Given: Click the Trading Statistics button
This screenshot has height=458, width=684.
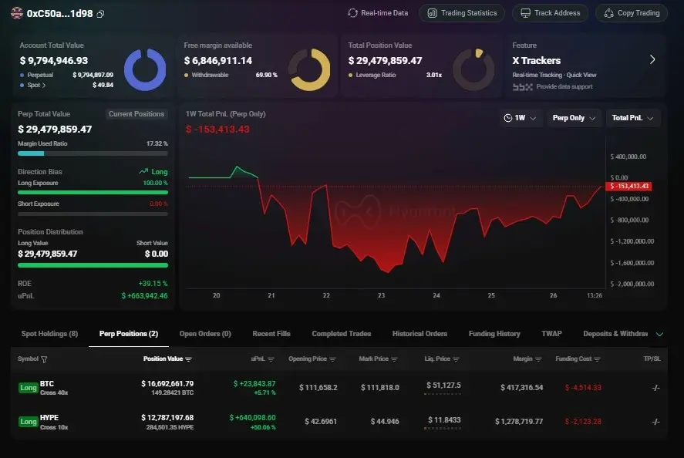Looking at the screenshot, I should point(462,13).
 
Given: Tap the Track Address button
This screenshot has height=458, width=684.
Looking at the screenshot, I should point(551,13).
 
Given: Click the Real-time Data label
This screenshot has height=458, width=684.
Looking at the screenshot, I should point(378,13).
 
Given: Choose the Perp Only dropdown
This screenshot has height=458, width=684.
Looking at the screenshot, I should point(574,118).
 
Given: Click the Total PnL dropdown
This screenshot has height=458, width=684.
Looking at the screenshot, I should point(632,118).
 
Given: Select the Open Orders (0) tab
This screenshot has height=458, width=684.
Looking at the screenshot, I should point(205,334).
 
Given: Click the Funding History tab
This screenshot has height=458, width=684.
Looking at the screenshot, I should point(494,334).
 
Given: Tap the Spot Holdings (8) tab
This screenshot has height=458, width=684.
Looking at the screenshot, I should point(49,334).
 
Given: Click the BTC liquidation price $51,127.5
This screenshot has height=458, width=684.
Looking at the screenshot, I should point(443,384).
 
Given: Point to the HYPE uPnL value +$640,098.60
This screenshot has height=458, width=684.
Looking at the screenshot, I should point(252,417).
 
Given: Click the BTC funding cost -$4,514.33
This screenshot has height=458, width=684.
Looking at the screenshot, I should point(583,387).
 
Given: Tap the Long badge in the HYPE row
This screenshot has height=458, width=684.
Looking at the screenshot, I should point(28,422).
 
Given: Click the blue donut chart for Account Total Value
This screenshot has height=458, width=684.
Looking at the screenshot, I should point(145,69).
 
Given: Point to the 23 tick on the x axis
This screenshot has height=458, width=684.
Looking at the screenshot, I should point(381,295).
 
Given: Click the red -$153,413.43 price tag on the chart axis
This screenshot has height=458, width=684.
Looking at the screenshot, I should point(629,186).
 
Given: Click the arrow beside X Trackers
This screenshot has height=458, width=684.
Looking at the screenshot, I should point(652,59).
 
